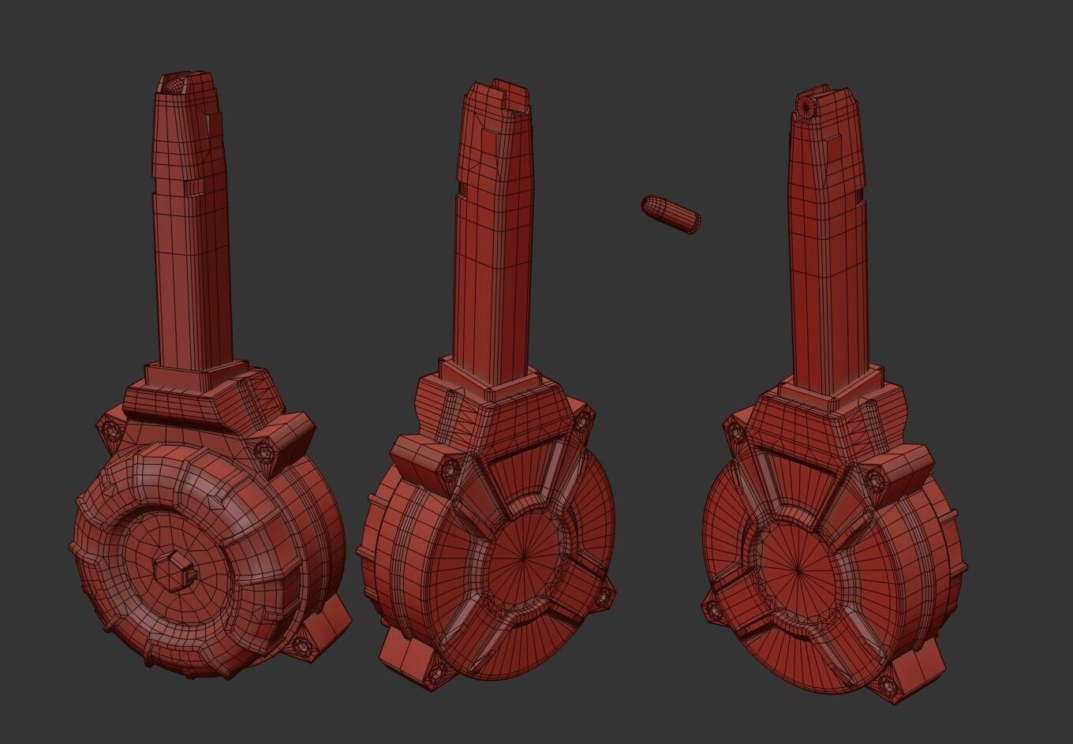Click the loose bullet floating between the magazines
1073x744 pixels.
coord(671,213)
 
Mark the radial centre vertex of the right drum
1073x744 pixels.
coord(798,568)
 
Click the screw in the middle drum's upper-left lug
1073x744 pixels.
coord(451,469)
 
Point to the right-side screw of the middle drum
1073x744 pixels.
coord(606,597)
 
